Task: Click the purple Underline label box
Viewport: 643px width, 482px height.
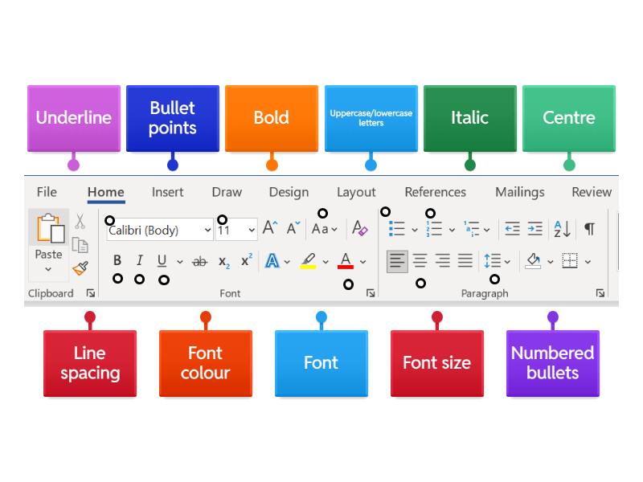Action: (x=74, y=118)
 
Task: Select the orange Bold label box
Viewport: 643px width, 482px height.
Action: (x=272, y=118)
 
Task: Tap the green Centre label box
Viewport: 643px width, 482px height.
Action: (x=569, y=118)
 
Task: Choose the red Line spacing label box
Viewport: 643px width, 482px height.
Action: (x=90, y=363)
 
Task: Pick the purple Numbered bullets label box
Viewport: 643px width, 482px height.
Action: (x=553, y=363)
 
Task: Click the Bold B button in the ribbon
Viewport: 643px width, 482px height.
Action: (x=117, y=260)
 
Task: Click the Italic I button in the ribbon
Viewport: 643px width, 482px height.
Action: (x=139, y=260)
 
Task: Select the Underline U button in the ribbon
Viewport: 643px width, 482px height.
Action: (x=162, y=261)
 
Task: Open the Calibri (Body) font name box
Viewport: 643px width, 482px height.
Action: (x=160, y=230)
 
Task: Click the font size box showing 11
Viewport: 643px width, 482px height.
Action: (x=236, y=230)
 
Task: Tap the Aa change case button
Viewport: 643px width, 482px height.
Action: (x=324, y=229)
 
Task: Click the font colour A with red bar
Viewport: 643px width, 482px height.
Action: (x=346, y=260)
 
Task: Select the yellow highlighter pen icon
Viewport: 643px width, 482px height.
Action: (x=309, y=260)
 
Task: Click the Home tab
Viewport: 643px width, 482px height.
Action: (x=106, y=192)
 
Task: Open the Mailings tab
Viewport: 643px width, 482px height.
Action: (x=520, y=192)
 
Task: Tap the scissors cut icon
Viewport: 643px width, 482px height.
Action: (x=80, y=222)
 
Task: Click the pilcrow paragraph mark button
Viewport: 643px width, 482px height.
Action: (x=589, y=229)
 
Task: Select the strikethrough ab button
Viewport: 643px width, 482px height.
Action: (x=199, y=261)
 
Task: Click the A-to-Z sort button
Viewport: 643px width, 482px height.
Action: (x=562, y=229)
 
